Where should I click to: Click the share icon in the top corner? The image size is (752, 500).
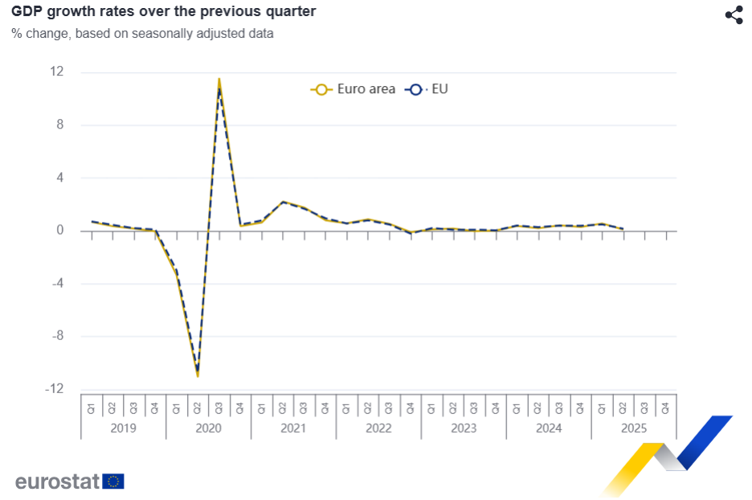point(734,14)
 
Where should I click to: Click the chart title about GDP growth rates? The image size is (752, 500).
point(163,11)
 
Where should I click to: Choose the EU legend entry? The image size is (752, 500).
point(427,89)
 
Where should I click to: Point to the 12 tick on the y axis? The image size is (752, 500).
point(56,72)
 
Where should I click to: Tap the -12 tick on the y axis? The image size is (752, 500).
point(54,389)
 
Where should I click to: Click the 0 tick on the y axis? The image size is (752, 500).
point(59,231)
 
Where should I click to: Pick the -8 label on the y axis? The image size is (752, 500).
point(56,336)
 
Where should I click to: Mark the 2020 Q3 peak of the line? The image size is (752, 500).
point(219,80)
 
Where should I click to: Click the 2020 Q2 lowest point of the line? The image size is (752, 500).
point(198,375)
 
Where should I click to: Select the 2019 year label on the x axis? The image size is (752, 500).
point(123,428)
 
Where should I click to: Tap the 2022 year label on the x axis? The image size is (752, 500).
point(378,428)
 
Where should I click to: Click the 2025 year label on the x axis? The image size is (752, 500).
point(634,428)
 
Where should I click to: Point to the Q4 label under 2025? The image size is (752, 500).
point(665,408)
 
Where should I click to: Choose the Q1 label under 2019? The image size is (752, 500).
point(92,408)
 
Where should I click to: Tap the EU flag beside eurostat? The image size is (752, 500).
point(113,482)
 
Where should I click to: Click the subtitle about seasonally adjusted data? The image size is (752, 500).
point(142,34)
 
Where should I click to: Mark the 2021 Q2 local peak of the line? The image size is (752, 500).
point(283,202)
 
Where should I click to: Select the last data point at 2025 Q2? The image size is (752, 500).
point(623,229)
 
